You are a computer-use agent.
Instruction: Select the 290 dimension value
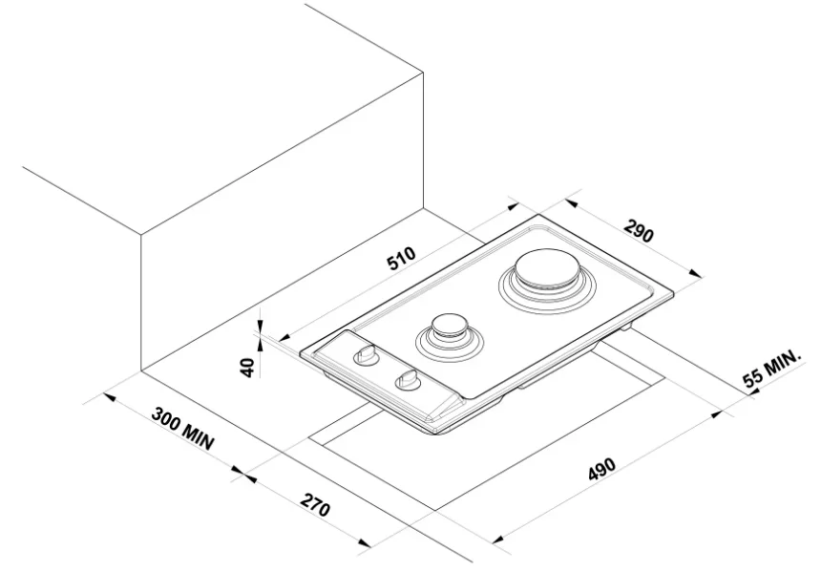tap(639, 230)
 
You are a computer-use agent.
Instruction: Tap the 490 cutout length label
tap(602, 469)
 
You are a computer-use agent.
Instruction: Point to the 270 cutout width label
tap(315, 504)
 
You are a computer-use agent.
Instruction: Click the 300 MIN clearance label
tap(182, 428)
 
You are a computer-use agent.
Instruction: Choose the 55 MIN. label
tap(772, 369)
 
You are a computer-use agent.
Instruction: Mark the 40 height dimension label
tap(248, 368)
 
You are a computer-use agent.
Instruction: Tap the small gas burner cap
tap(449, 326)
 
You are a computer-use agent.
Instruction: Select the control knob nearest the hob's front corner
tap(409, 379)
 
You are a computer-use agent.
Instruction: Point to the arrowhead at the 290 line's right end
tap(695, 273)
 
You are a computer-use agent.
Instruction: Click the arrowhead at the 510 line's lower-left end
tap(287, 337)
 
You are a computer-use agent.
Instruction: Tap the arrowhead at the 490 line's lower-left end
tap(499, 539)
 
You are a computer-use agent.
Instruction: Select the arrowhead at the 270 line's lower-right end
tap(365, 542)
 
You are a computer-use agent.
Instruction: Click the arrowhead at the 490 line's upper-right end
tap(715, 414)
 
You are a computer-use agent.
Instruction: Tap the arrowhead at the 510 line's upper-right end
tap(511, 207)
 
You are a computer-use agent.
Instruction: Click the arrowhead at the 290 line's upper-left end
tap(572, 202)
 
